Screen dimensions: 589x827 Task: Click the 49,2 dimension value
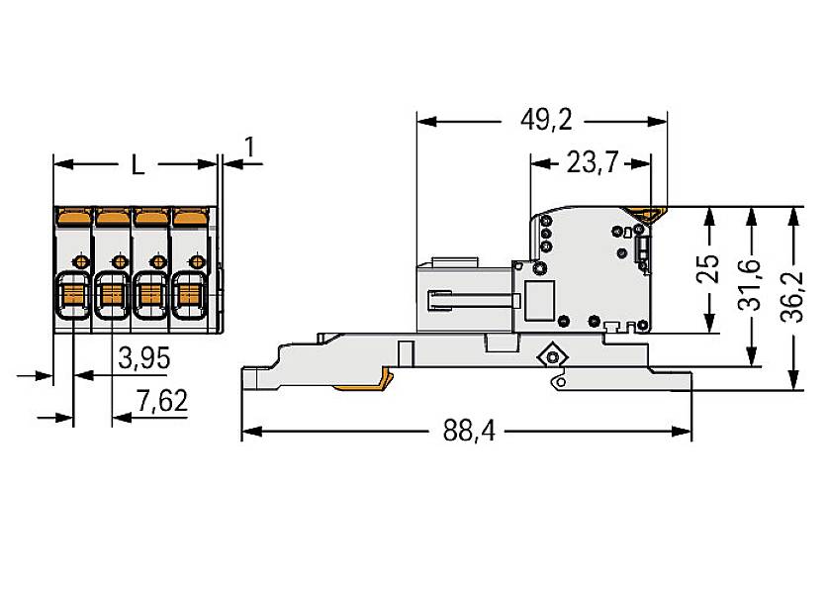[x=546, y=120]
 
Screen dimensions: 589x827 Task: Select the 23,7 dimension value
[x=592, y=162]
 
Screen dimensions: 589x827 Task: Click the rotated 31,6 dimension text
[x=751, y=285]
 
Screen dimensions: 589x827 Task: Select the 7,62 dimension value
[x=162, y=402]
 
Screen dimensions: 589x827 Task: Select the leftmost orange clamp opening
[x=73, y=293]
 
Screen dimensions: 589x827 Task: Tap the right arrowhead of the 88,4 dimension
[x=685, y=432]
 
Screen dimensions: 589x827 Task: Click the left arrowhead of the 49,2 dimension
[x=424, y=121]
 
